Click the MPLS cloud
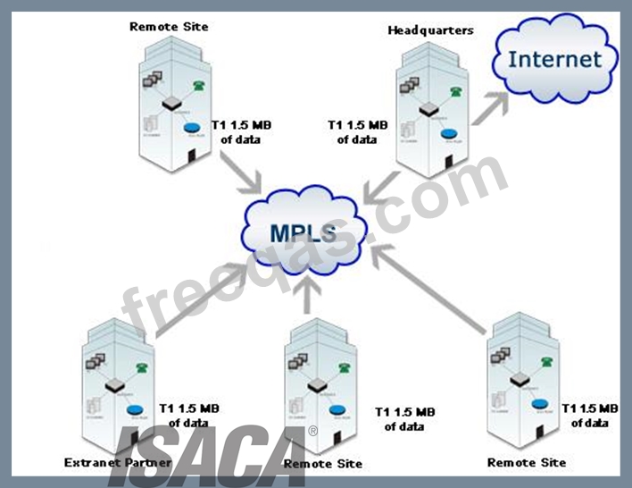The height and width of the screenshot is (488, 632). coord(304,231)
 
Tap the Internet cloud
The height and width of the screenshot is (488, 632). coord(554,60)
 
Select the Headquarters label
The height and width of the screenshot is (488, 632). coord(430,30)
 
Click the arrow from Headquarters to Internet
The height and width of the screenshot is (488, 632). coord(496,128)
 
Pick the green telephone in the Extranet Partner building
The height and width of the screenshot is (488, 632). coord(140,366)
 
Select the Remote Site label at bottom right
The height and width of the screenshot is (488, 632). coord(527,462)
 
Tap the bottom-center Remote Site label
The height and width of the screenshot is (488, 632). coord(322,464)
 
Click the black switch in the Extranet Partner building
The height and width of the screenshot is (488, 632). coord(115,385)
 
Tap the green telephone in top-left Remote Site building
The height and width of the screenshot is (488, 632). coord(198,87)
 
